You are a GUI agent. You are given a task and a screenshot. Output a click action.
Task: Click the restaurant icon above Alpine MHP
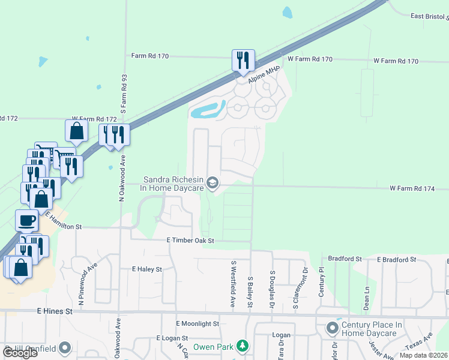[243, 61]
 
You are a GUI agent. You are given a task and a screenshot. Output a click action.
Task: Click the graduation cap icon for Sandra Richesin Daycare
[212, 182]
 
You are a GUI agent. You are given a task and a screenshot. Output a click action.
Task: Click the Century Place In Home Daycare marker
[332, 328]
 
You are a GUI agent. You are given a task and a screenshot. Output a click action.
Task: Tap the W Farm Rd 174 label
[411, 188]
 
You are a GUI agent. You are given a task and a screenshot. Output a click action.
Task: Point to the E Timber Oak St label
[190, 240]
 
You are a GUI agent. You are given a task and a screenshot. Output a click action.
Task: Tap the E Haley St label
[147, 269]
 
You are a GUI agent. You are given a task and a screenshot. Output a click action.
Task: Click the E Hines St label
[55, 311]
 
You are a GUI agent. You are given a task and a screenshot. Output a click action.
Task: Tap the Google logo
[20, 353]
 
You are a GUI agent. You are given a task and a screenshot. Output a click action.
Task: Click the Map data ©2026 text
[423, 355]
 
